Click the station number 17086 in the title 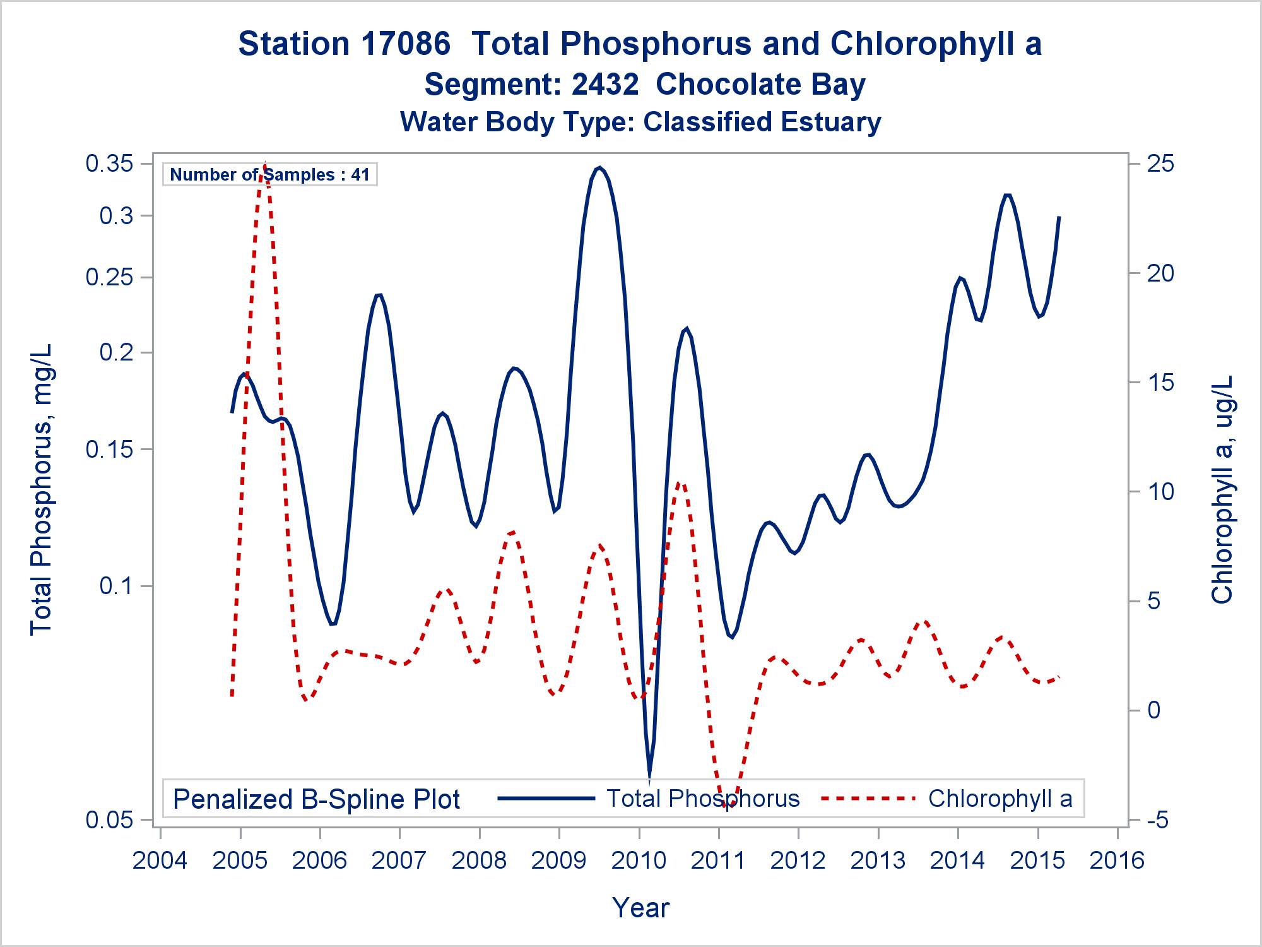(x=406, y=44)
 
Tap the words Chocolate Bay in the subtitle (x=760, y=85)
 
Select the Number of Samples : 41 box (x=270, y=174)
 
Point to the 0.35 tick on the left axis (x=110, y=164)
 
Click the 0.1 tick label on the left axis (x=117, y=586)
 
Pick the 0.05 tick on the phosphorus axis (x=110, y=820)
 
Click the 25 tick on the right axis (x=1160, y=164)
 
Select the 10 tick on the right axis (x=1160, y=492)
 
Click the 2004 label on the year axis (x=160, y=861)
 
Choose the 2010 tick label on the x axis (x=639, y=861)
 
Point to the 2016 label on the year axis (x=1117, y=861)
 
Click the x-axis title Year (x=640, y=908)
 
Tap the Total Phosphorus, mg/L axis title (x=42, y=489)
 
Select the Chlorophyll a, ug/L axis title (x=1222, y=489)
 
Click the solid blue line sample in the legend (x=546, y=799)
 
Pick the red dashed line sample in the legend (x=868, y=799)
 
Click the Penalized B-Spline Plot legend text (x=316, y=799)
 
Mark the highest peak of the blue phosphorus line (x=599, y=168)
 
